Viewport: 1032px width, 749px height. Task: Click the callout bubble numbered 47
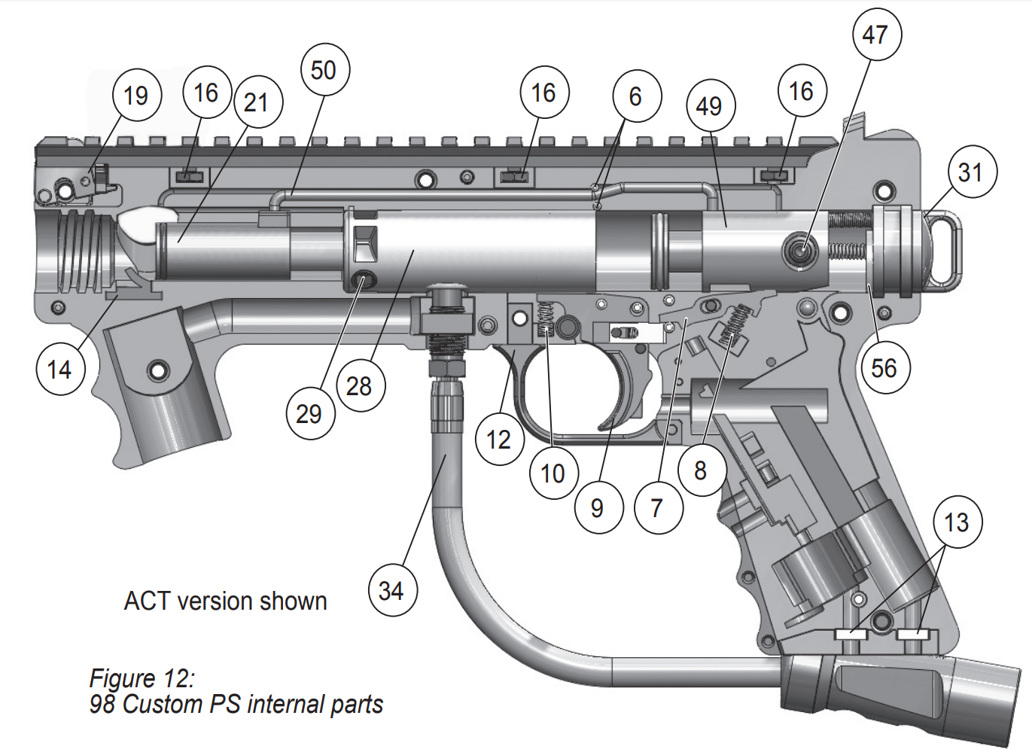click(876, 35)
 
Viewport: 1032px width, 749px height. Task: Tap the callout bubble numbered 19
click(136, 96)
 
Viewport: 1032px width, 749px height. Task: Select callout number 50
click(324, 71)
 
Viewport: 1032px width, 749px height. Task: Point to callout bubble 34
click(392, 591)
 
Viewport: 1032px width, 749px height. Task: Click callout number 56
click(884, 368)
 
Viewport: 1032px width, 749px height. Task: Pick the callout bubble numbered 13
click(957, 522)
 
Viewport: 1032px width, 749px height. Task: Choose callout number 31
click(972, 173)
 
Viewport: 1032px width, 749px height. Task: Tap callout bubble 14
click(60, 370)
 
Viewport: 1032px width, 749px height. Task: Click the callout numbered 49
click(710, 106)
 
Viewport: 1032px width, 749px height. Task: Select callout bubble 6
click(636, 96)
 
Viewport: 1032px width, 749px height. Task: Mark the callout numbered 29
click(309, 414)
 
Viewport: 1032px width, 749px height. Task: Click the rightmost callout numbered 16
click(802, 92)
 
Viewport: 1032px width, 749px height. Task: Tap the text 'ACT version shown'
click(226, 601)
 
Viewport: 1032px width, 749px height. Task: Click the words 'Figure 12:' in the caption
click(142, 678)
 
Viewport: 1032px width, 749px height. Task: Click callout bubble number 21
click(257, 102)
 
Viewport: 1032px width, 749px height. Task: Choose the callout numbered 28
click(360, 386)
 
